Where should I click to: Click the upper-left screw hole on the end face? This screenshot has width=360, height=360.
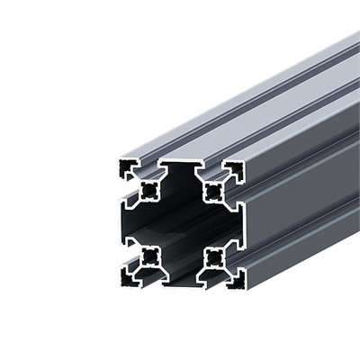147,190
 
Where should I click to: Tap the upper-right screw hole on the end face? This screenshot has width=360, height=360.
214,190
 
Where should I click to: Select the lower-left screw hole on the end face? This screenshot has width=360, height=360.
147,257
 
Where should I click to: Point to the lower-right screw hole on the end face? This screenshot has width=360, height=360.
214,257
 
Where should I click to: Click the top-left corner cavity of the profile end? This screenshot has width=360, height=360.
126,169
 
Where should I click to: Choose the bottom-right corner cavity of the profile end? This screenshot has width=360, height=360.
236,278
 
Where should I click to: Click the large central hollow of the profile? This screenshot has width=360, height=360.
180,224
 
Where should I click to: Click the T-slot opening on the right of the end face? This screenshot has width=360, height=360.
242,224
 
